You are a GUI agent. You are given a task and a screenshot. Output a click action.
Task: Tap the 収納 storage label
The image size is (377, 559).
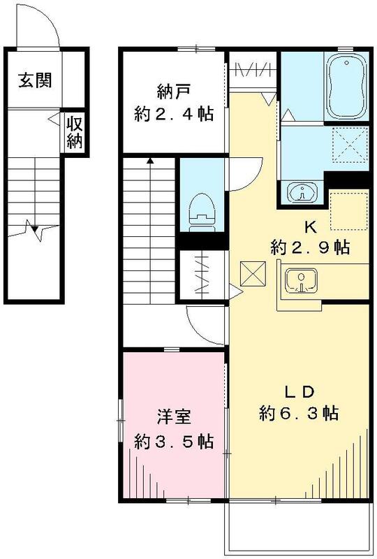[75, 131]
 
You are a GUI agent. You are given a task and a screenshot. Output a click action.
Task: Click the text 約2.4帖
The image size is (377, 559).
[173, 114]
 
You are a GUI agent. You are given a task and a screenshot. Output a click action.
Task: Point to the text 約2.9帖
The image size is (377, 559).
[310, 248]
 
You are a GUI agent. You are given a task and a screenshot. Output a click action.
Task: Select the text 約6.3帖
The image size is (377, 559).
[300, 413]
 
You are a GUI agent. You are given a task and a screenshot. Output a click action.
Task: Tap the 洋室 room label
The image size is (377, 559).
[173, 419]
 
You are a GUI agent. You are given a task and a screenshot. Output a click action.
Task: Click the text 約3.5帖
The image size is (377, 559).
[173, 442]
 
